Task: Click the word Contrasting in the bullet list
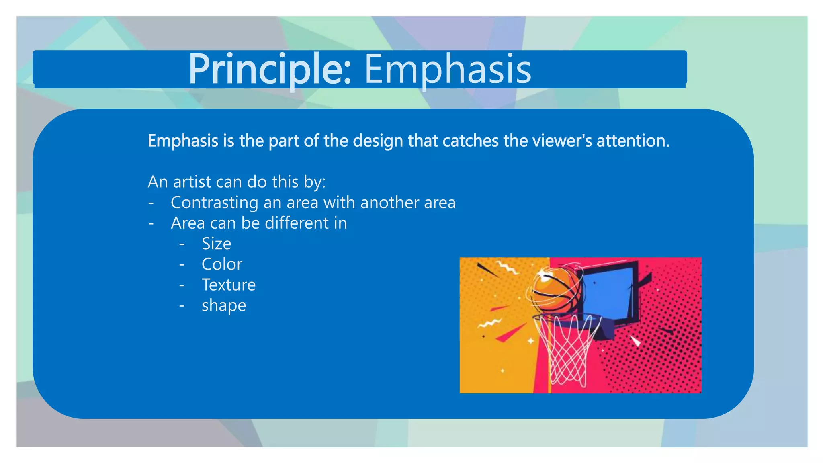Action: point(214,203)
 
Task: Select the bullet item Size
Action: point(216,244)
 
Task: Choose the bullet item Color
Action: point(222,264)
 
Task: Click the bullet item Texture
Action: point(228,285)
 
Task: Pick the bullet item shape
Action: point(224,306)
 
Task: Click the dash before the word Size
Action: point(182,244)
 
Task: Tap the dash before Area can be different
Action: point(151,223)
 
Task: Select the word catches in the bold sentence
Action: point(470,141)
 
